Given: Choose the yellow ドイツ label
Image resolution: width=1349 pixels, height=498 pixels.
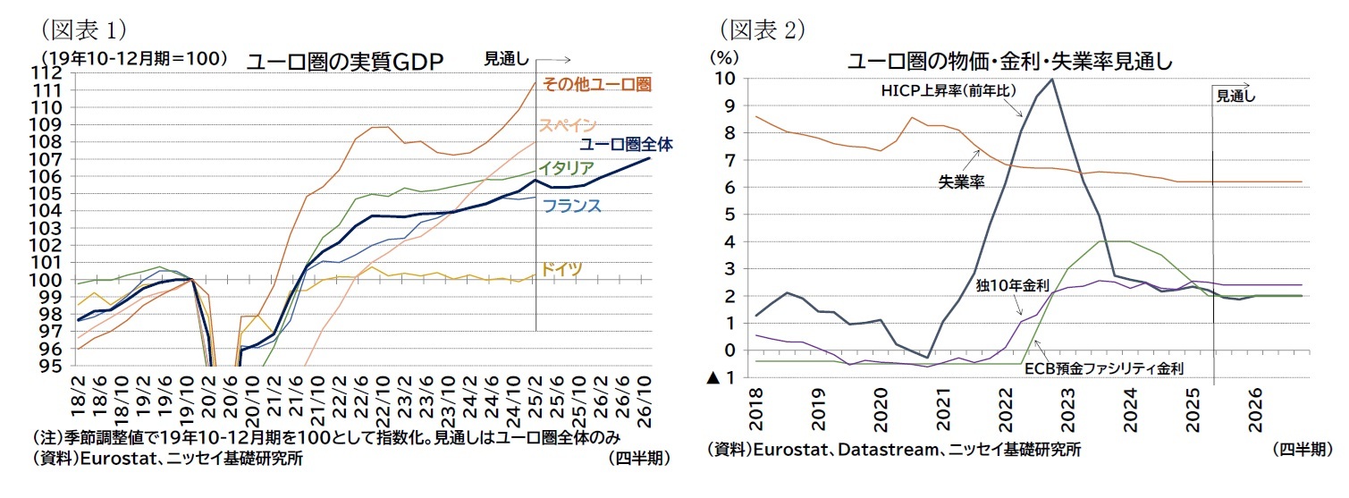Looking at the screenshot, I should click(561, 268).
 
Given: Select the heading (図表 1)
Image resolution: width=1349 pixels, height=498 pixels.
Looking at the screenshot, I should click(78, 29).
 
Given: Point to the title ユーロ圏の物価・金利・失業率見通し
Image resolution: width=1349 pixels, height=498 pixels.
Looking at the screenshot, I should click(1009, 62).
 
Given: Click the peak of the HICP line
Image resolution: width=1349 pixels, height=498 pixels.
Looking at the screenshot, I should click(1051, 80).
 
